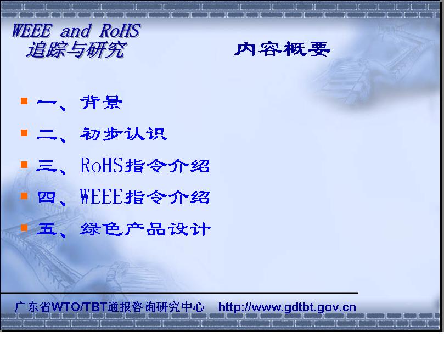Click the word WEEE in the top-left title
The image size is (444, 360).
point(32,30)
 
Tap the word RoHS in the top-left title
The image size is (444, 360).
point(120,30)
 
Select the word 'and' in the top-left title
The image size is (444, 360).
point(76,31)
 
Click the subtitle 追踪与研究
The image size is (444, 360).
point(76,50)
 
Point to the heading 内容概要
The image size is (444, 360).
point(283,49)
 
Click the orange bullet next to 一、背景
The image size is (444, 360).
point(24,101)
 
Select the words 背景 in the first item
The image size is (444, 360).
point(102,102)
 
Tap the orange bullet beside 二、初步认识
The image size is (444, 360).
point(24,133)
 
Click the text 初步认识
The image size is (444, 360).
point(123,134)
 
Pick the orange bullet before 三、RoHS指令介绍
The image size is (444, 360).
point(24,165)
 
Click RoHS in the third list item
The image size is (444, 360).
point(102,165)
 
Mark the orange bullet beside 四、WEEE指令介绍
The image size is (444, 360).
point(24,196)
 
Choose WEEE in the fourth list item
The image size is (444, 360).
point(102,196)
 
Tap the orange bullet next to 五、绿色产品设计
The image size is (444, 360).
point(24,227)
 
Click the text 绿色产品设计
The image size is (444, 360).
point(145,229)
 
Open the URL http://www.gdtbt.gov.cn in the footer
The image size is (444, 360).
point(287,307)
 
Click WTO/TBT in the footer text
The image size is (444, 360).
point(79,307)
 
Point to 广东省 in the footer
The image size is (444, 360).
point(33,307)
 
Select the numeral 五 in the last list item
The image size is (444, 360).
point(46,229)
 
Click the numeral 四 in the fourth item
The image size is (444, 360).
point(46,197)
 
